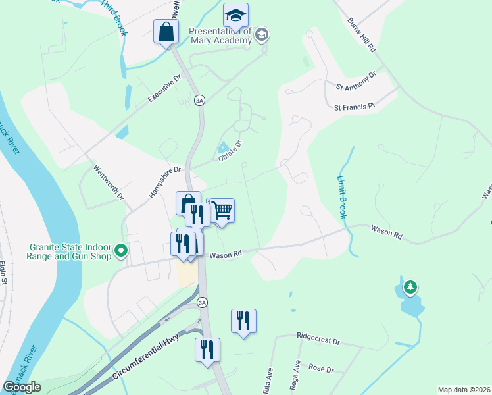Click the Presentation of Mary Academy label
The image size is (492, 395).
pos(220,36)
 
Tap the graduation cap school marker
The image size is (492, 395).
pos(235,14)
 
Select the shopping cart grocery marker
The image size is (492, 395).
pos(222,211)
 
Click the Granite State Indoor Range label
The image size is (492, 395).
pos(70,251)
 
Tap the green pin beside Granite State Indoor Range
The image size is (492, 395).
pos(121,251)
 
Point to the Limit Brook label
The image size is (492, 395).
pos(344,196)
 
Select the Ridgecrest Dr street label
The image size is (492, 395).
pos(318,342)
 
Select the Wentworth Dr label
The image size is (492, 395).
pos(108,182)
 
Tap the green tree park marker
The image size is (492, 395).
pos(410,287)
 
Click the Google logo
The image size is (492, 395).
pos(22,387)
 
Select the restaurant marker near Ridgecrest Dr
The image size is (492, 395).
pos(243,321)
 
